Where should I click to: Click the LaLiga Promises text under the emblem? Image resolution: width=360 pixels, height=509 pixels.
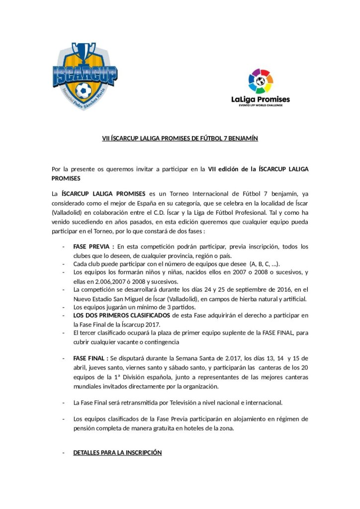click(x=261, y=99)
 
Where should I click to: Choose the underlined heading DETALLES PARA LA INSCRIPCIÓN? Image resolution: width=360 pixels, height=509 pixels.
click(x=117, y=453)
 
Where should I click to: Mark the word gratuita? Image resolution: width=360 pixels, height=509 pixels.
click(x=159, y=427)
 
